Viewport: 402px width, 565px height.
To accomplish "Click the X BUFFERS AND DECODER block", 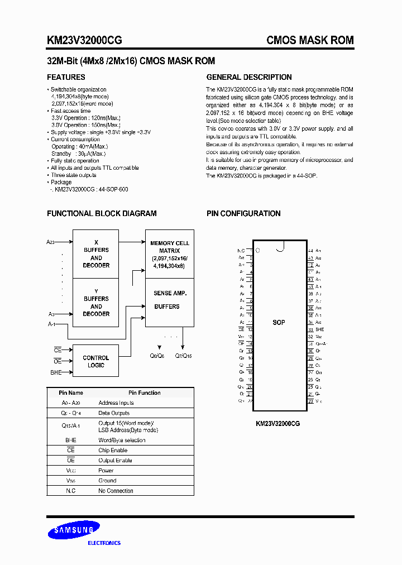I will [x=96, y=253].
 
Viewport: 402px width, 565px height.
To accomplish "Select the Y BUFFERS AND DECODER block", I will [x=96, y=303].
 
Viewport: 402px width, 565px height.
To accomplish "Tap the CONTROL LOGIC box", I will [x=96, y=361].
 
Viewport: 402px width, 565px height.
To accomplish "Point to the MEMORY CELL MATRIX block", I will [x=170, y=255].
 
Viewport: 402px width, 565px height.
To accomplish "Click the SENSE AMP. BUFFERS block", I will [x=170, y=299].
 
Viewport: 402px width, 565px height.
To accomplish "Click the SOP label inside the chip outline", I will [x=279, y=323].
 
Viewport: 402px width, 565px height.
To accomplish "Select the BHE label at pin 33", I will [x=319, y=330].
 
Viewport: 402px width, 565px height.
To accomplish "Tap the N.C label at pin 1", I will [x=241, y=251].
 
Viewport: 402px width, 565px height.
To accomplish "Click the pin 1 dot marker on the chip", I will [x=258, y=251].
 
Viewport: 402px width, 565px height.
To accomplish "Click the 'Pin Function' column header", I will [x=144, y=392].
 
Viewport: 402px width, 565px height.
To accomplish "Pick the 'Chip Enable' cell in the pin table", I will [x=113, y=450].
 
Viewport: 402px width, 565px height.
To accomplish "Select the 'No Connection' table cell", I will [x=116, y=491].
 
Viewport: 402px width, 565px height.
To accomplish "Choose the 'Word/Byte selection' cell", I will [x=122, y=440].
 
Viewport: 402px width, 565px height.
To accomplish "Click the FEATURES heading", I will [x=66, y=77].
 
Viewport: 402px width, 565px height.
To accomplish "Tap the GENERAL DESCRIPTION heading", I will [x=249, y=77].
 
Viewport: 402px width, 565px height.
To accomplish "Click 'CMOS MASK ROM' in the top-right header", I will [x=310, y=40].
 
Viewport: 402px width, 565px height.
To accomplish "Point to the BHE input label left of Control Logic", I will [x=56, y=372].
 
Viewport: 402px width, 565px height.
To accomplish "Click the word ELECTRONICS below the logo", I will [x=104, y=543].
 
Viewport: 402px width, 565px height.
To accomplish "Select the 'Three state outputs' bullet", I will [x=74, y=175].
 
